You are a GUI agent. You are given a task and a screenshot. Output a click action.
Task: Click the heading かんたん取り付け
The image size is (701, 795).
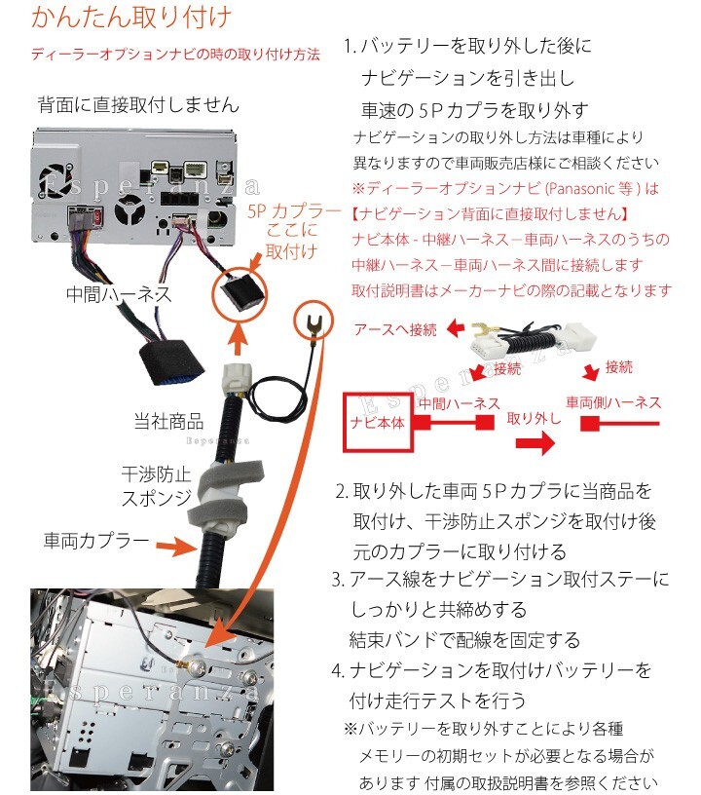click(x=131, y=18)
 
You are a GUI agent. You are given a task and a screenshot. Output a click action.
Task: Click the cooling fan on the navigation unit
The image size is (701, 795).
click(x=56, y=180)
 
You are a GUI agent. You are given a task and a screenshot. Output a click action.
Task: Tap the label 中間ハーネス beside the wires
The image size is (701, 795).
click(x=119, y=294)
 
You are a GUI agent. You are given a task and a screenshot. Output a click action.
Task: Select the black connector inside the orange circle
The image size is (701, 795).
click(x=241, y=294)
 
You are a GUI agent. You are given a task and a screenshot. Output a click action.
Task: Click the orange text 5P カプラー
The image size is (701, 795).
click(x=294, y=210)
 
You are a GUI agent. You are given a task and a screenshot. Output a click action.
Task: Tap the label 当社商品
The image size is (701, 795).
click(x=168, y=421)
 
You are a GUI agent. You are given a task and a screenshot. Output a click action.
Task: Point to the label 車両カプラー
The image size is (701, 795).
click(x=96, y=541)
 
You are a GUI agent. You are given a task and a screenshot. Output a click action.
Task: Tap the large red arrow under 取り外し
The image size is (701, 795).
click(x=535, y=442)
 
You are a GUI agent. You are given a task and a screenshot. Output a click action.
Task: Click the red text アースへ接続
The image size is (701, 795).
click(x=395, y=329)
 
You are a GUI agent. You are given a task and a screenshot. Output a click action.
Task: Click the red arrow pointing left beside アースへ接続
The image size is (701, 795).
click(x=456, y=328)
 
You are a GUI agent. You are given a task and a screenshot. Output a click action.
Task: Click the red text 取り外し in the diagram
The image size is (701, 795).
click(x=535, y=418)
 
